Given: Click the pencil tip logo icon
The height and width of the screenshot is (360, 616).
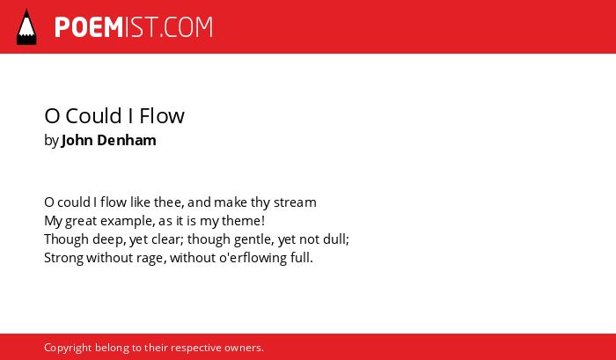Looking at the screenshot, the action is click(26, 26).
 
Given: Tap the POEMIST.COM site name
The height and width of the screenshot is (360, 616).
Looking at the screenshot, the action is click(134, 27).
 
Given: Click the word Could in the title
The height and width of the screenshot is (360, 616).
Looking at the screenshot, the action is click(93, 115).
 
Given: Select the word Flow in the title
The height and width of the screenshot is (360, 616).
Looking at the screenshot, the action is click(162, 115).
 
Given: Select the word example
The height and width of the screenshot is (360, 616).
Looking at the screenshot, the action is click(128, 221).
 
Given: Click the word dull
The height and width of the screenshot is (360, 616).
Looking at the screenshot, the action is click(336, 239).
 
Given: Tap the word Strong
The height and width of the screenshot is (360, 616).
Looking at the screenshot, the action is click(63, 258).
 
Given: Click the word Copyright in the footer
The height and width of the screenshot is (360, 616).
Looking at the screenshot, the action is click(68, 349).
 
